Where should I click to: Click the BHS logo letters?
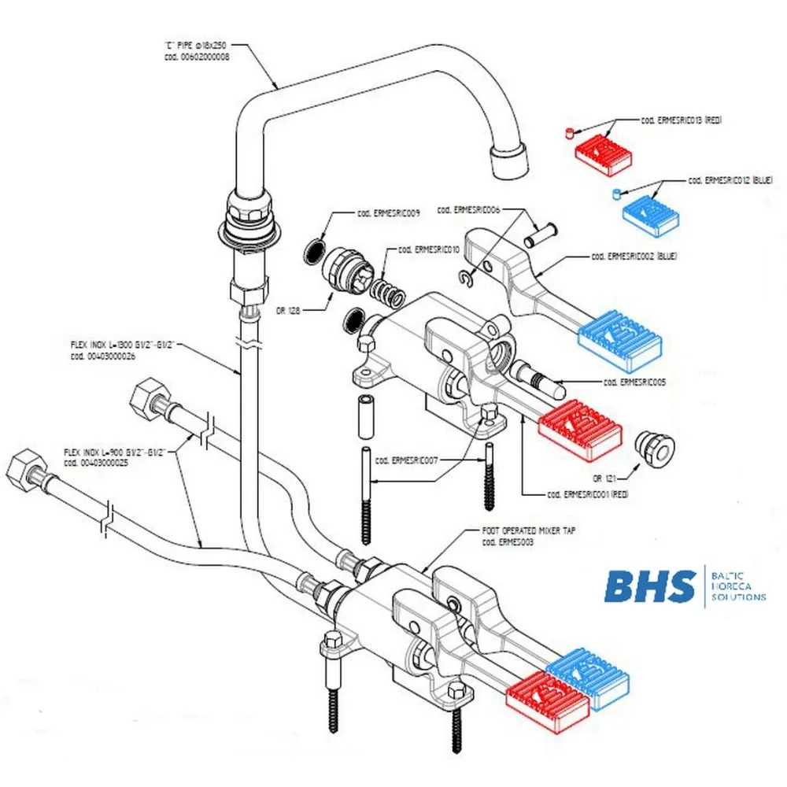(x=649, y=586)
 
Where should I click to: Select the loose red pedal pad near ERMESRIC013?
(x=603, y=153)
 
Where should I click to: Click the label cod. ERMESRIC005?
(x=634, y=382)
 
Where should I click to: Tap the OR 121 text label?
(x=607, y=478)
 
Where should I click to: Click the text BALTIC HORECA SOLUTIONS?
(x=737, y=586)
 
